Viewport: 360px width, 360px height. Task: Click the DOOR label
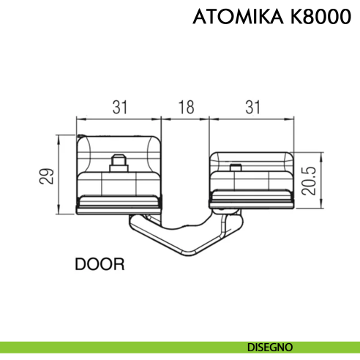(x=100, y=263)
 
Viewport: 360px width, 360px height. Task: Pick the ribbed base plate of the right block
(x=250, y=200)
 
